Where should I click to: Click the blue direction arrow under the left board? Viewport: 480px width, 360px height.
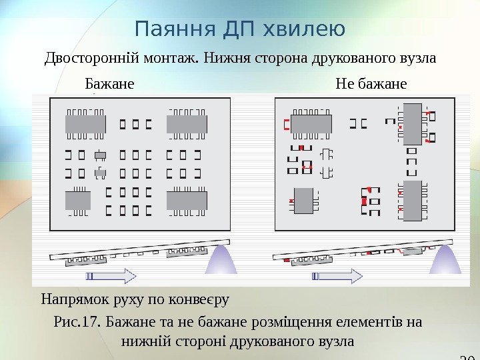click(111, 274)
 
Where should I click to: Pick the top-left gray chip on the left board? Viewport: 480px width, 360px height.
click(82, 123)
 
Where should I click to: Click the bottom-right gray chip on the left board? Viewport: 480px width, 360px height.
click(187, 201)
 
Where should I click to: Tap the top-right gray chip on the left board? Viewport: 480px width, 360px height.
click(187, 123)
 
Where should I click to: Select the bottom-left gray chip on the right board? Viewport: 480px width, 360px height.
click(304, 200)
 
